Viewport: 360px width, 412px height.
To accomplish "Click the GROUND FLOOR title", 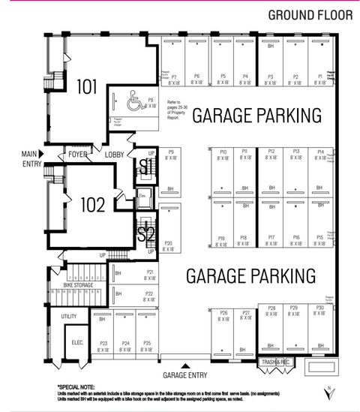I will [x=307, y=15].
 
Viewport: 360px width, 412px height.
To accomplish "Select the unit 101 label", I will [x=87, y=86].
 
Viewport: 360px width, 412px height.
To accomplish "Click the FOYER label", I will [x=78, y=155].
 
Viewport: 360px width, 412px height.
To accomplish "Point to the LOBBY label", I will [x=115, y=155].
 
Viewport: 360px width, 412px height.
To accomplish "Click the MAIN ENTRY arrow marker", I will [x=43, y=155].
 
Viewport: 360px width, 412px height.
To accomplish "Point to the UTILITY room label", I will [x=69, y=317].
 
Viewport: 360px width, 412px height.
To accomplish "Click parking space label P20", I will [x=169, y=243].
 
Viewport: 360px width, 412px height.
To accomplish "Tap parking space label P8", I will [x=150, y=100].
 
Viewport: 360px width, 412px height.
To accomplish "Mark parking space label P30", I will [x=319, y=308].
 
